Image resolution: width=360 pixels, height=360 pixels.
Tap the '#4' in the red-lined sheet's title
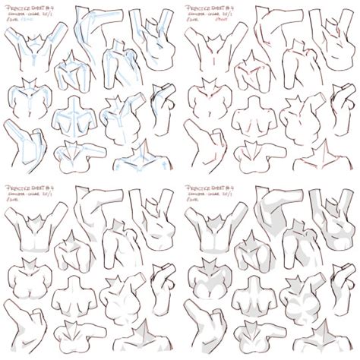[x=228, y=7]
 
